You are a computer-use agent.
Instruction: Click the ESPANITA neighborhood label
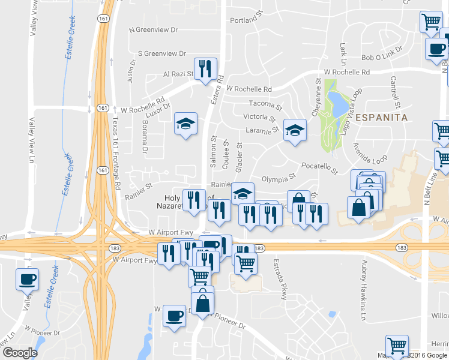click(x=381, y=118)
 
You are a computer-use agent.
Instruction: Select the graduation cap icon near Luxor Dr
click(x=185, y=124)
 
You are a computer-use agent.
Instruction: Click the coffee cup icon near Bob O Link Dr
click(x=436, y=49)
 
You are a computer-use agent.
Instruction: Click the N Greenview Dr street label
click(x=154, y=29)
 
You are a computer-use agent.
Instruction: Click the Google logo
click(x=20, y=353)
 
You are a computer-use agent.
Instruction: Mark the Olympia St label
click(x=279, y=178)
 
